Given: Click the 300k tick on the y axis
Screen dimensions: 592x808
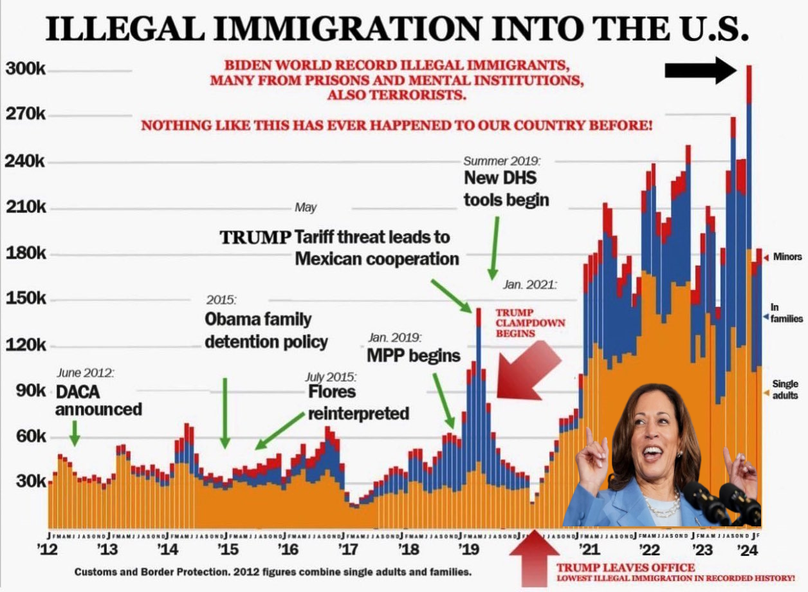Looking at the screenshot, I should pyautogui.click(x=26, y=69).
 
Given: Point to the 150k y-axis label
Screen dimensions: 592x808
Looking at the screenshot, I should pyautogui.click(x=26, y=300).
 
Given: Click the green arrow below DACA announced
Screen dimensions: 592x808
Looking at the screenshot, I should pyautogui.click(x=75, y=432).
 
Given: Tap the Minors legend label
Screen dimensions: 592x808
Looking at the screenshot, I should pyautogui.click(x=787, y=257).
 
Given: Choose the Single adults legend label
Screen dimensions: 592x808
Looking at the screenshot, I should pyautogui.click(x=785, y=390).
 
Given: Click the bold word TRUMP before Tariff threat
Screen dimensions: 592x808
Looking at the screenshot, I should pyautogui.click(x=255, y=237).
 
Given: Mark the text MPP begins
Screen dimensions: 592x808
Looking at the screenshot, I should pyautogui.click(x=413, y=355).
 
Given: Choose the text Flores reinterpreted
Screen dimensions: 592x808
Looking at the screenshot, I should pyautogui.click(x=358, y=402).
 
